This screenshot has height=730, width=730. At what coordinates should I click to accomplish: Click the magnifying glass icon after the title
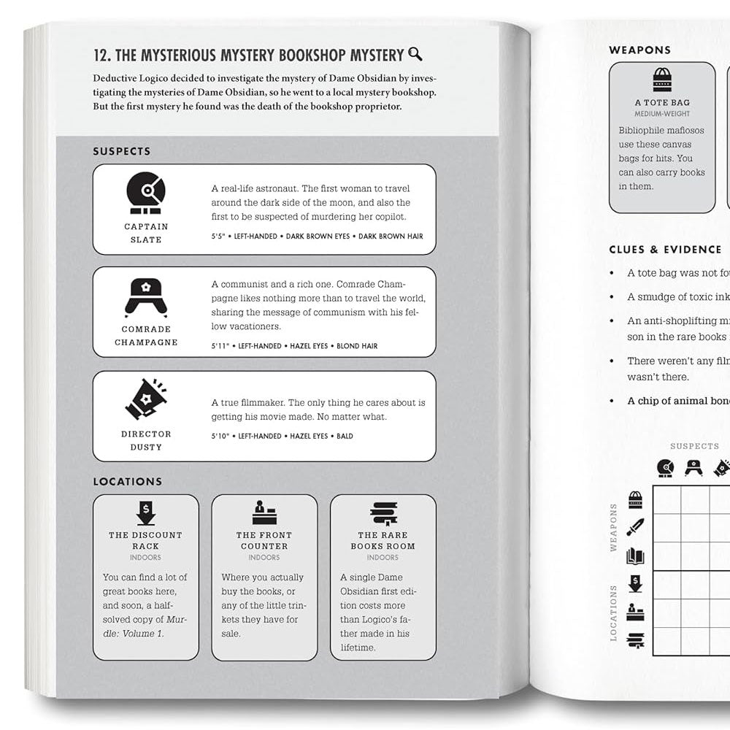pyautogui.click(x=415, y=54)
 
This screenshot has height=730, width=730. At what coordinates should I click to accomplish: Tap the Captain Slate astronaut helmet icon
pyautogui.click(x=146, y=193)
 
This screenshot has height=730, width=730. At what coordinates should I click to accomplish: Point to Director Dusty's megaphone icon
pyautogui.click(x=146, y=399)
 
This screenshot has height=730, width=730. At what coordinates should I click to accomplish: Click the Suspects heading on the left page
pyautogui.click(x=121, y=152)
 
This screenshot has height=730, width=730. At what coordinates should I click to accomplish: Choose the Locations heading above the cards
pyautogui.click(x=127, y=482)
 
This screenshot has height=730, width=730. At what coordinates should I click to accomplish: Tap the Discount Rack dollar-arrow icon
pyautogui.click(x=146, y=513)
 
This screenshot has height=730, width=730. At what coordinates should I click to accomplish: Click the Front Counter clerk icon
pyautogui.click(x=264, y=513)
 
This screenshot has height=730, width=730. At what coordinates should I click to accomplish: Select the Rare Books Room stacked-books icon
pyautogui.click(x=383, y=513)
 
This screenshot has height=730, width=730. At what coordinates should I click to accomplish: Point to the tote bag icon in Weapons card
pyautogui.click(x=662, y=79)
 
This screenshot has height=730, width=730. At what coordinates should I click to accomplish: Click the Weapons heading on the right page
pyautogui.click(x=639, y=50)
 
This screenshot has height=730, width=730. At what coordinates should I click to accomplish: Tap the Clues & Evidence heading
pyautogui.click(x=665, y=250)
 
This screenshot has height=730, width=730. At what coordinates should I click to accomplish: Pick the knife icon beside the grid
pyautogui.click(x=635, y=527)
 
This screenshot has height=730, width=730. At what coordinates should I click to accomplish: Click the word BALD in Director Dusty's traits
pyautogui.click(x=345, y=437)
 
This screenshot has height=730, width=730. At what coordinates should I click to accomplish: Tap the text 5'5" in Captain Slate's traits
pyautogui.click(x=219, y=237)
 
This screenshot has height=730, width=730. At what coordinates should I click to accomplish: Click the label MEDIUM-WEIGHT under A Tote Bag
pyautogui.click(x=662, y=114)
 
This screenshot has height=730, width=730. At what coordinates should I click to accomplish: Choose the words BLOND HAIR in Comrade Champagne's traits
pyautogui.click(x=357, y=346)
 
